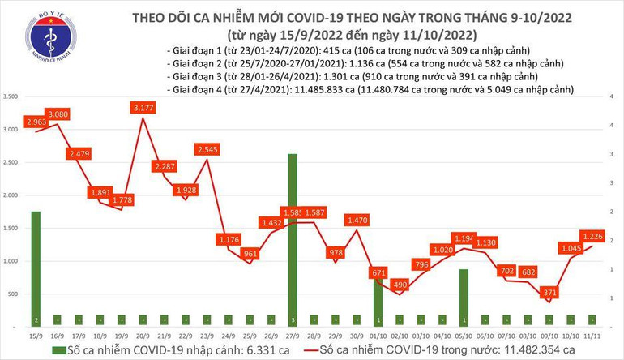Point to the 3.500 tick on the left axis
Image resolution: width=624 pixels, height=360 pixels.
pos(11,96)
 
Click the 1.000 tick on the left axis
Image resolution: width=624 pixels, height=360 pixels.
pos(11,261)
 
